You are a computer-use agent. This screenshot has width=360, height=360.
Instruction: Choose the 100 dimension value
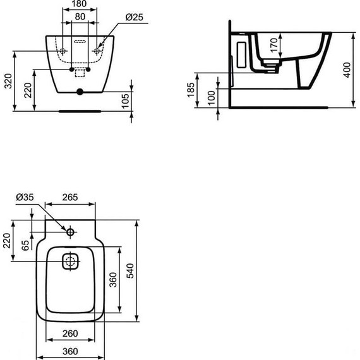click(x=210, y=97)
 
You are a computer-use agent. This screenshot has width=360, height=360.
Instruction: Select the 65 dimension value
click(x=25, y=245)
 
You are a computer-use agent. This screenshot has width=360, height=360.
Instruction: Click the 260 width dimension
click(x=69, y=332)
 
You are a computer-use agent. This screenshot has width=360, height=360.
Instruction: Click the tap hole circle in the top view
click(x=70, y=232)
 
